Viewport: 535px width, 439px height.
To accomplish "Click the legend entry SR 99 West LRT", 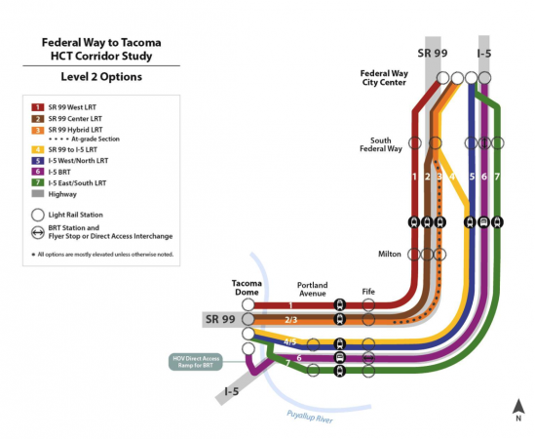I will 73,105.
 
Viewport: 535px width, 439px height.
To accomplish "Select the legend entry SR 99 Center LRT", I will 75,117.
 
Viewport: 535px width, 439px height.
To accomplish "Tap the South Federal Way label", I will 386,145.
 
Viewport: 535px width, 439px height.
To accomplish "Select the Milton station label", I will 389,254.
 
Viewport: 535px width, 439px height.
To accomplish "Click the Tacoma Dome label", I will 247,288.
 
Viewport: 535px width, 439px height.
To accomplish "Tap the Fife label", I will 368,290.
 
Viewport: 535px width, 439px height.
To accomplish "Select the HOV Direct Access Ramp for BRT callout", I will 196,361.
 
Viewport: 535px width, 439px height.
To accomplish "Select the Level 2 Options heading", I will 100,76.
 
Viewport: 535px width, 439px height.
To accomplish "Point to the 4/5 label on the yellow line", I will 289,341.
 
